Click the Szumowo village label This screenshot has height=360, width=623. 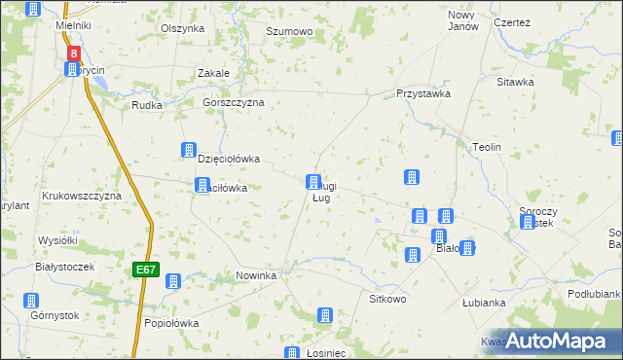tap(289, 32)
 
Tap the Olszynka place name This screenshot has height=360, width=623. tap(182, 29)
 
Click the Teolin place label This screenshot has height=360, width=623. tap(486, 147)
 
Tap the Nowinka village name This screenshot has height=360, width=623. tap(256, 276)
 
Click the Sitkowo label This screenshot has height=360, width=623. tap(386, 299)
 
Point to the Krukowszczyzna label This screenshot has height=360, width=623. tap(81, 196)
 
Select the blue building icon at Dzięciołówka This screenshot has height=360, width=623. tap(189, 151)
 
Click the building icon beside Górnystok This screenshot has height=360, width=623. tap(32, 301)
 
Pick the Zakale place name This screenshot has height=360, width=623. tap(213, 73)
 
